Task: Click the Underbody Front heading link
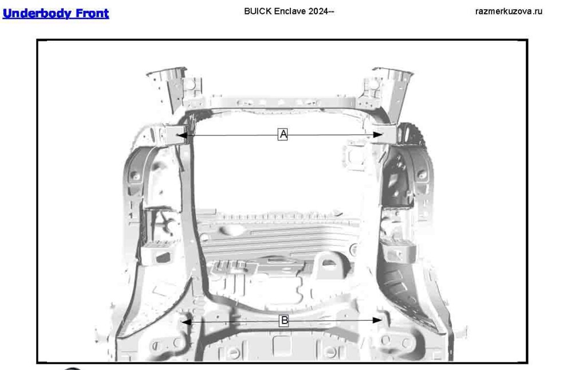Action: click(56, 13)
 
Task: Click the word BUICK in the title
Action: click(258, 11)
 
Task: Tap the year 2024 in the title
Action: click(318, 11)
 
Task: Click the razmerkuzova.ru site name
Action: click(509, 11)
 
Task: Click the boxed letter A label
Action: click(283, 134)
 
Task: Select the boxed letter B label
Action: click(284, 321)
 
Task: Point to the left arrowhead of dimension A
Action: click(182, 135)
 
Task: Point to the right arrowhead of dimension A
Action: click(377, 135)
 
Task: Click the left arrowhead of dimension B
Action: click(186, 321)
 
